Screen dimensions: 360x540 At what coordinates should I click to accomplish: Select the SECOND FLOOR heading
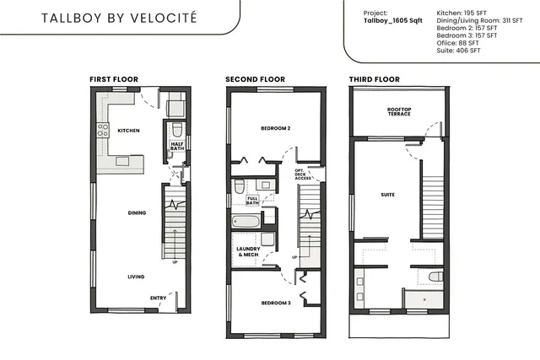point(249,79)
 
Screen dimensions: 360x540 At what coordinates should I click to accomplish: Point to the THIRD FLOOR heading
point(374,79)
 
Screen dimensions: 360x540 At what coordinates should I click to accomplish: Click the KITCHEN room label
point(128,131)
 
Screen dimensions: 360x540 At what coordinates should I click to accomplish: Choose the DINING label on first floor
point(137,212)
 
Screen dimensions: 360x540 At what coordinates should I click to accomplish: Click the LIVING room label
point(136,277)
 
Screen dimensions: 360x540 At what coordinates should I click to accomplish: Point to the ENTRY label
point(158,298)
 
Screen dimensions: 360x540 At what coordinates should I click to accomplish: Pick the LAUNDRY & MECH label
point(247,252)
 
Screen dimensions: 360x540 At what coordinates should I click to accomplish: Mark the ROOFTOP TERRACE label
point(399,112)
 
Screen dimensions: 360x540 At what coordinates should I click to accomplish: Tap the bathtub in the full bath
point(246,223)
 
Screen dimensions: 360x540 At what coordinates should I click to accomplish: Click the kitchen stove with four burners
point(103,130)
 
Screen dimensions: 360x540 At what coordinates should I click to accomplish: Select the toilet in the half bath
point(177,130)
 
